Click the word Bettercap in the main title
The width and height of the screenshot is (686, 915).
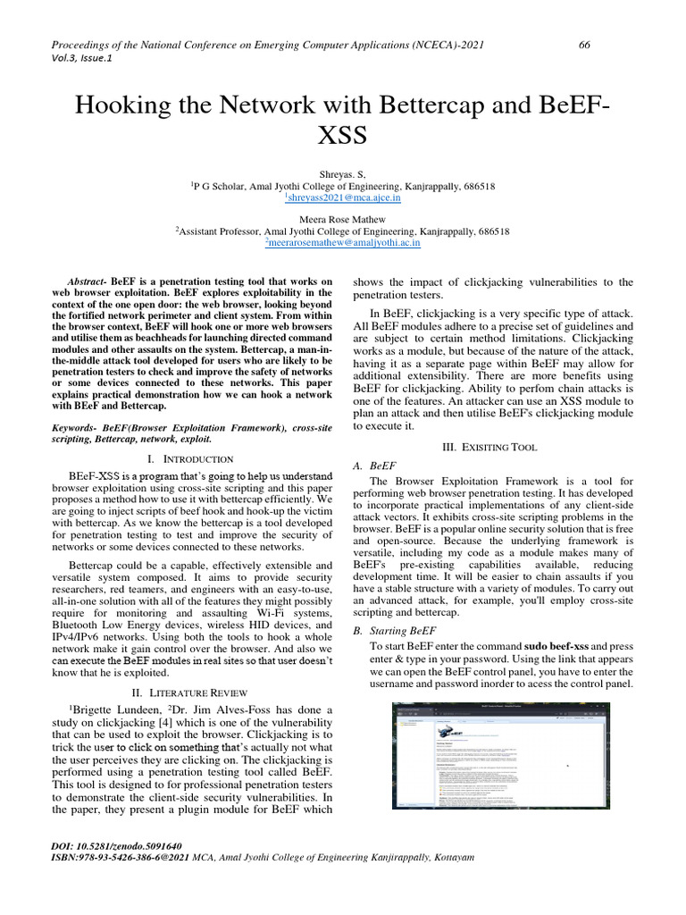406,105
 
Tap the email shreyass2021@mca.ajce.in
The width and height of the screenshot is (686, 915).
343,197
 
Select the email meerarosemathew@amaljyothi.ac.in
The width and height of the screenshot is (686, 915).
343,242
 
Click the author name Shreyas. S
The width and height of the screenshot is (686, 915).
343,174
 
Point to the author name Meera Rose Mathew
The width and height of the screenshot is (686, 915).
343,219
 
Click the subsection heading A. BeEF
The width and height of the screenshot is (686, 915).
375,466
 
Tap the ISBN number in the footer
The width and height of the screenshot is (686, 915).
121,857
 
